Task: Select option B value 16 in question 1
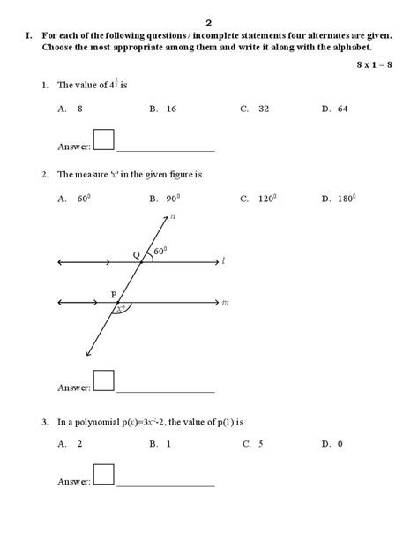(169, 109)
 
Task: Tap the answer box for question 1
(104, 140)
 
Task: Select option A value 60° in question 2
(85, 199)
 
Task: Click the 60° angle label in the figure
(160, 252)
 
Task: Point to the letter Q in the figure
(136, 254)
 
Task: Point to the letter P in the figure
(113, 294)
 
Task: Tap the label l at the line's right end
(224, 261)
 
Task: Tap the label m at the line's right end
(225, 303)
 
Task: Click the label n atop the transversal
(173, 215)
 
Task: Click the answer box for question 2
(104, 380)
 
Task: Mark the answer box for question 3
(104, 476)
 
